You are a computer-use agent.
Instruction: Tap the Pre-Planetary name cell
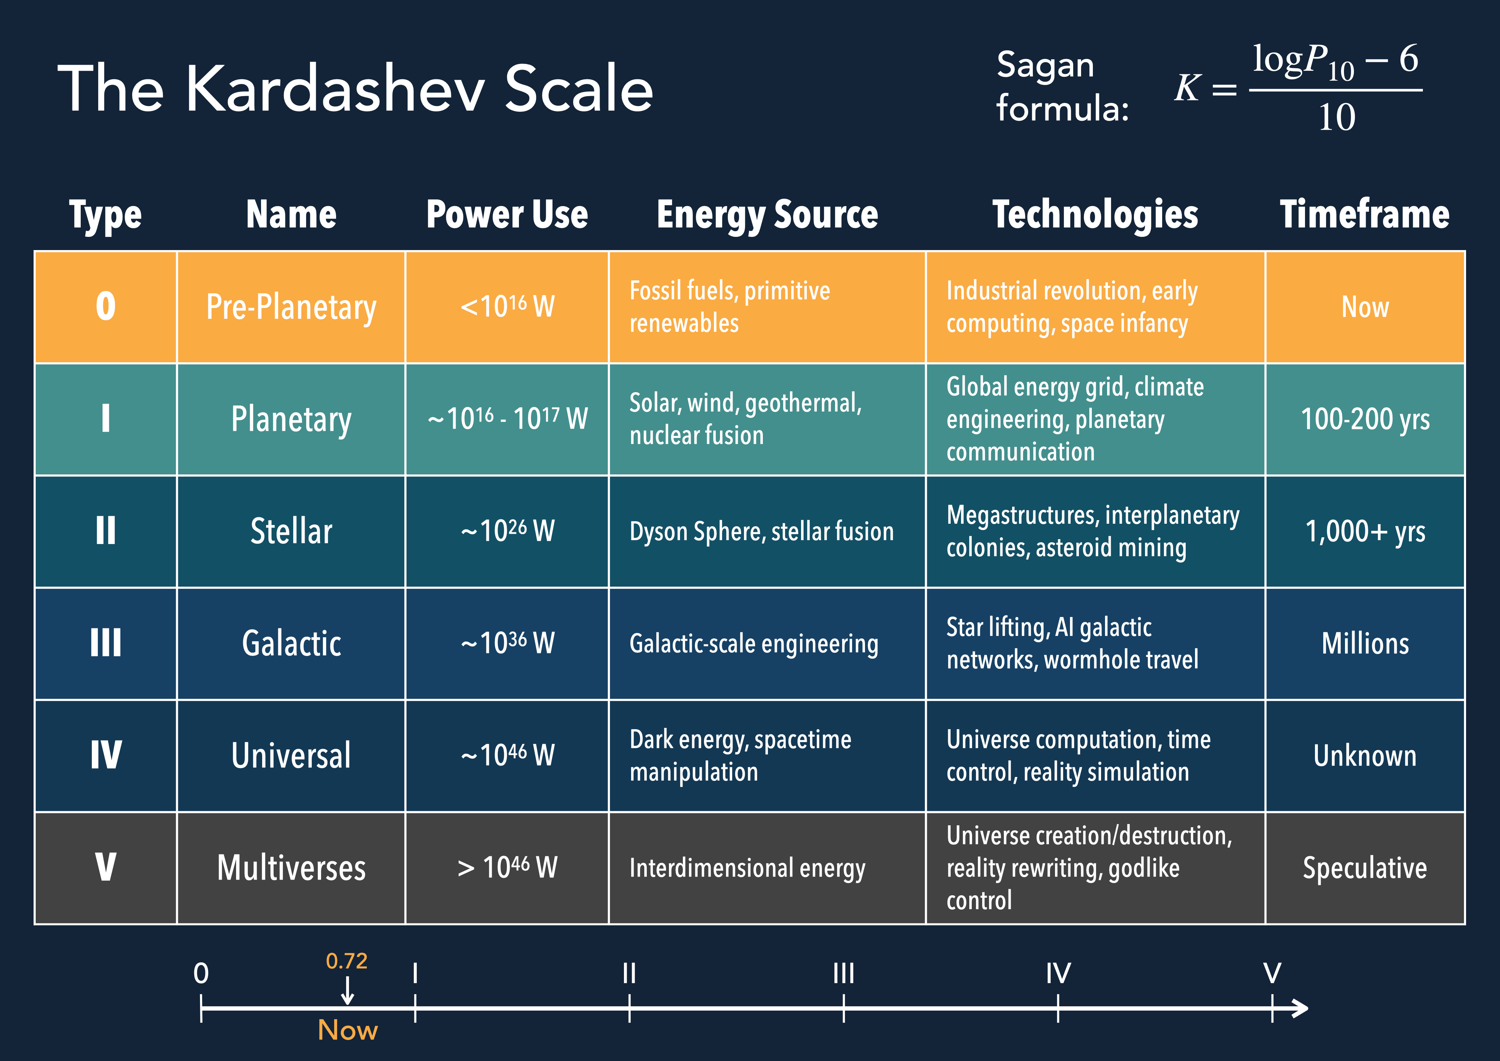(x=291, y=308)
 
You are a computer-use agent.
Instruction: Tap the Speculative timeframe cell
(x=1365, y=868)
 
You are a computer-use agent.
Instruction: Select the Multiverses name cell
(x=291, y=868)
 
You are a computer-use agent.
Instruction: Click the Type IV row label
(x=106, y=755)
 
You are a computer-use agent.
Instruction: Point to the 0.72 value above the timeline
(x=346, y=961)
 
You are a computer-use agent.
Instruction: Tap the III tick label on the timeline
(x=844, y=973)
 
